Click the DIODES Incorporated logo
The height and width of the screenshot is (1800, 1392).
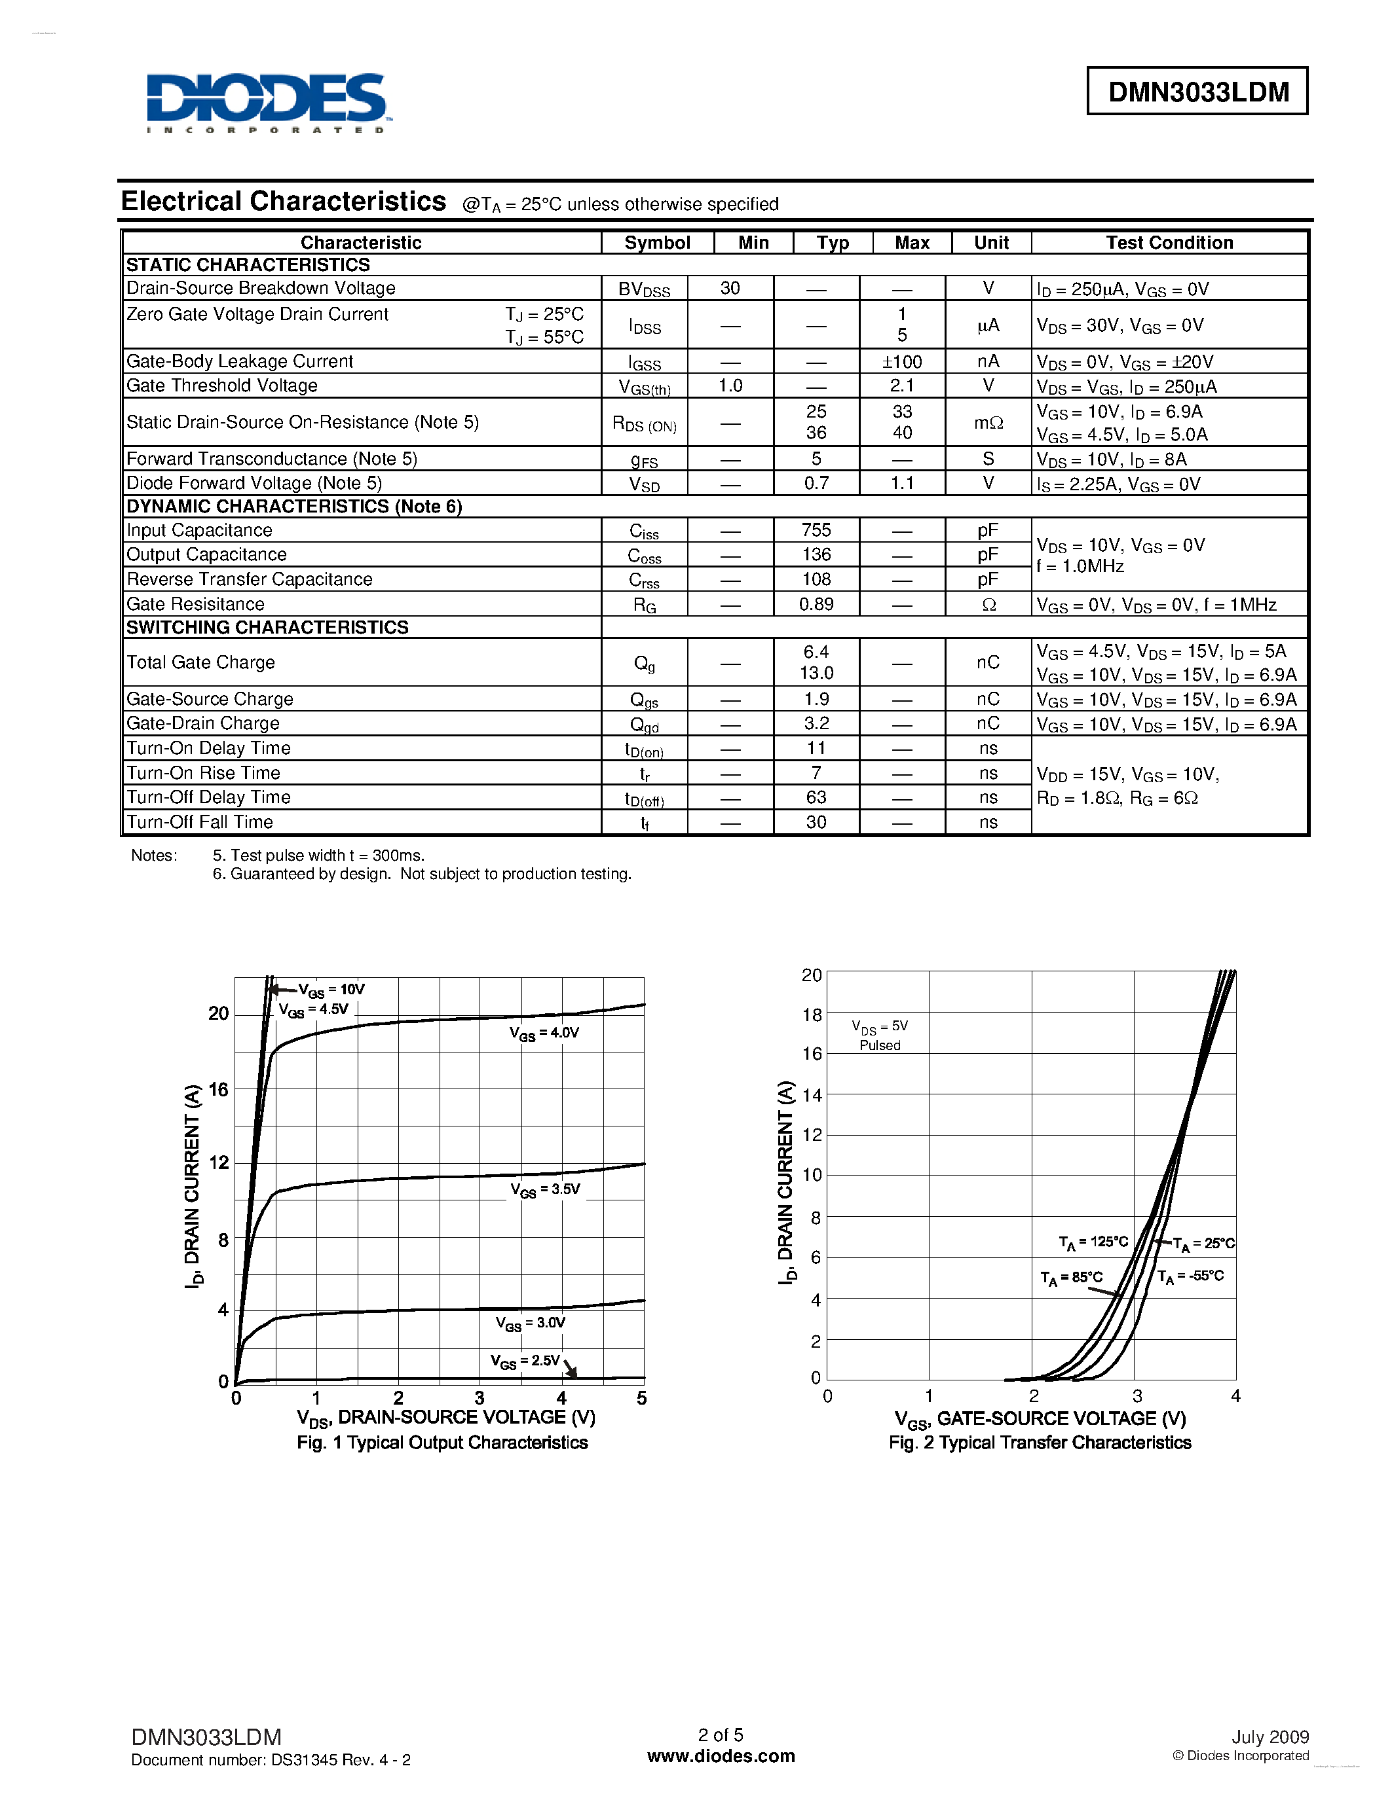(x=267, y=102)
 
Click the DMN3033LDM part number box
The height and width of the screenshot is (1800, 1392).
(x=1197, y=92)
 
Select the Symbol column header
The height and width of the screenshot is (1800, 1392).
(x=656, y=242)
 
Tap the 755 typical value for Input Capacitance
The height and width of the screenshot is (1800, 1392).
(x=816, y=530)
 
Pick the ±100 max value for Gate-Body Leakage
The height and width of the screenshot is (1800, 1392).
(x=902, y=362)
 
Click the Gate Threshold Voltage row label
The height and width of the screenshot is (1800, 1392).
(x=222, y=386)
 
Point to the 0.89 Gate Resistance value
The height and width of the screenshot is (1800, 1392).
(x=816, y=604)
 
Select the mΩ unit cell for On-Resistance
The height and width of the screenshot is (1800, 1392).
(x=988, y=423)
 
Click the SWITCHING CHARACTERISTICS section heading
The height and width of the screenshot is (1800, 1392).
(x=267, y=627)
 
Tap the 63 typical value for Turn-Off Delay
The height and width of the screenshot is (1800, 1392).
(x=816, y=797)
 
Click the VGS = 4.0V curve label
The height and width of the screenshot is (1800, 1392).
(x=544, y=1033)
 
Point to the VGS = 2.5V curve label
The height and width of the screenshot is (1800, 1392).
(x=525, y=1361)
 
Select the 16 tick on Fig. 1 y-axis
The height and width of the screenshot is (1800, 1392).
(x=217, y=1090)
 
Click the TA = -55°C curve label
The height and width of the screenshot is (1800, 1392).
(x=1190, y=1276)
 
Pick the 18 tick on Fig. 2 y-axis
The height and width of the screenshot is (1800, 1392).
(x=812, y=1015)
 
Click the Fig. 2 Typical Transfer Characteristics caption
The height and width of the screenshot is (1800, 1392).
(x=1039, y=1443)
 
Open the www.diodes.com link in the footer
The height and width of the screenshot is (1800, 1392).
(x=721, y=1756)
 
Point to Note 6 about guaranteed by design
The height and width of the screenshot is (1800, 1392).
(x=423, y=874)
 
